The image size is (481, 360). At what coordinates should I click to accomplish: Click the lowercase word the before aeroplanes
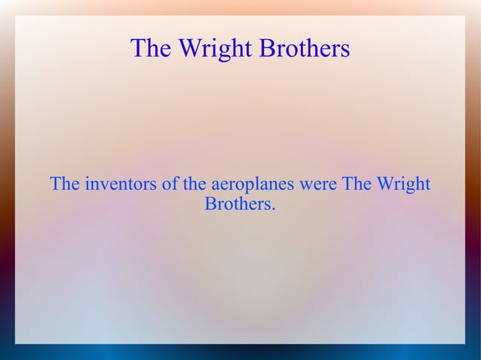click(x=195, y=184)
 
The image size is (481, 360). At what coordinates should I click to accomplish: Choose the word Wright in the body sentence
click(x=403, y=184)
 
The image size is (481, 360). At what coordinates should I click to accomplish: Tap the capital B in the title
click(x=267, y=49)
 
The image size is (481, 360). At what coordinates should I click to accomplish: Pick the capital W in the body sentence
click(x=385, y=184)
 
